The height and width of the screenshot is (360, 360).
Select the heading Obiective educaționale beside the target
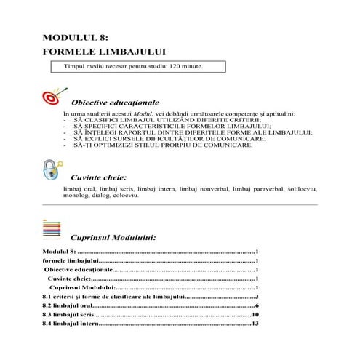coord(116,103)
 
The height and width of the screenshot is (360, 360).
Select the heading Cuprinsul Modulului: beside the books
coord(114,238)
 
